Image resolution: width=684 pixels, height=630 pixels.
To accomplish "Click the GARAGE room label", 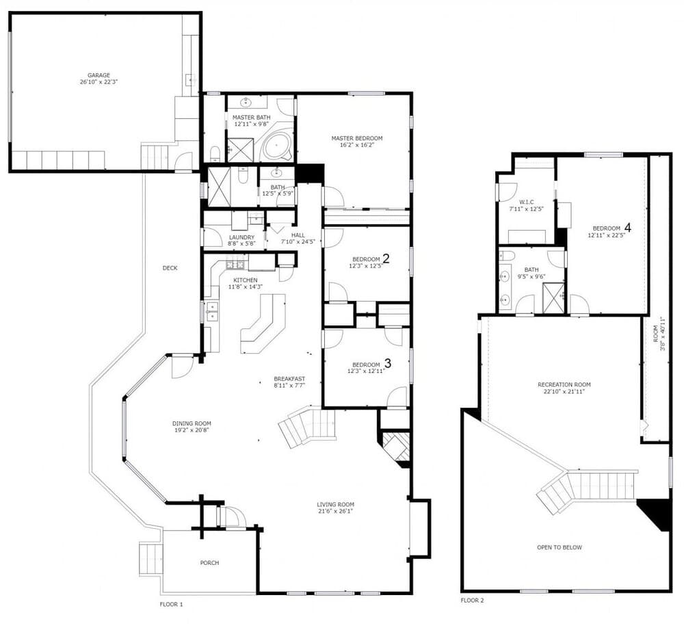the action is coord(98,75).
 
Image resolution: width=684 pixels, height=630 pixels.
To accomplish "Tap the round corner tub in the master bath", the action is coord(276,147).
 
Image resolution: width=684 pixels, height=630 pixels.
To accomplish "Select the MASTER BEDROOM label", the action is coord(357,138).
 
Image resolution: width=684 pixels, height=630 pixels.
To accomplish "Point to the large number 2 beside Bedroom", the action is coord(386,259).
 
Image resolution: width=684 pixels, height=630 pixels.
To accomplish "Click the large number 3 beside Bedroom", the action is coord(387,363).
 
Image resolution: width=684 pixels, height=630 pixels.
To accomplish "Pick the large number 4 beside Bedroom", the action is coord(628,227).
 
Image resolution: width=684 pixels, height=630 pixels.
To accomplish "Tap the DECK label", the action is coord(170,268).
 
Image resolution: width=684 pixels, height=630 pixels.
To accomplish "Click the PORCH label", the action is coord(209,563).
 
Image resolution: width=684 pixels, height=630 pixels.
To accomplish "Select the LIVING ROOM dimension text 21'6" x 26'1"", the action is coord(335,512).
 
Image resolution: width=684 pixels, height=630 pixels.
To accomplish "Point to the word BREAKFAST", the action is coord(289,379).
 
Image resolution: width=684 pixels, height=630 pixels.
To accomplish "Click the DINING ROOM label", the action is coord(192,423).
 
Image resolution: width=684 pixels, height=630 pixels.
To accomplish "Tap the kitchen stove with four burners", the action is coord(235,264).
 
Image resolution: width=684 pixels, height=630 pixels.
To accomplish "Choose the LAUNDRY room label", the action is coord(241,237).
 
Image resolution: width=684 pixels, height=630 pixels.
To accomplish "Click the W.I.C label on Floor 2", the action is coord(526,202).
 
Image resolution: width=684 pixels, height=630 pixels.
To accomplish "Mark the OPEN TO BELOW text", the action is coord(560,547).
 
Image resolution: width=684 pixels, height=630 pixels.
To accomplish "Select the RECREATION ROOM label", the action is coord(564,385).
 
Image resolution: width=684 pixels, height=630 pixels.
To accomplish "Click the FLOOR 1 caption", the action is coord(172,604).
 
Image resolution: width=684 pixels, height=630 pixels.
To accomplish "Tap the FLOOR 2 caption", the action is coord(473,601).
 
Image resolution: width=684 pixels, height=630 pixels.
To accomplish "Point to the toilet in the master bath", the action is coord(215,153).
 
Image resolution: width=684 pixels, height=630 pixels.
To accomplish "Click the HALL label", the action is coord(298,235).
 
